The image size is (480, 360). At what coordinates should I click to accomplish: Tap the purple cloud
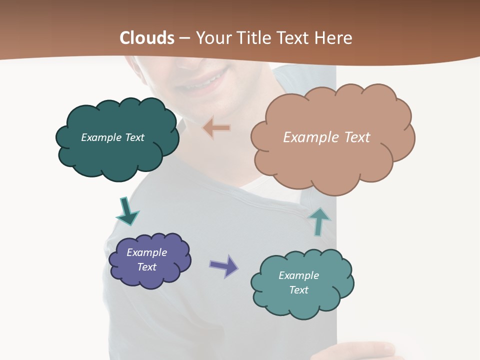pyautogui.click(x=150, y=277)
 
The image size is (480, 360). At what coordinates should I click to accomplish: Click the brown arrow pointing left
pyautogui.click(x=216, y=128)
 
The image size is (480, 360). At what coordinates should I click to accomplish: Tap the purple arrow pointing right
pyautogui.click(x=224, y=265)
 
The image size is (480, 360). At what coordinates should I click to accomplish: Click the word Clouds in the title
pyautogui.click(x=147, y=38)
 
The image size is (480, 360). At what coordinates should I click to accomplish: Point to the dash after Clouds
pyautogui.click(x=184, y=38)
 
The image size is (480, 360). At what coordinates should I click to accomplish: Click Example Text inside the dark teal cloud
pyautogui.click(x=112, y=137)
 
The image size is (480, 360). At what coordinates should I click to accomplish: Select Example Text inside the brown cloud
pyautogui.click(x=326, y=137)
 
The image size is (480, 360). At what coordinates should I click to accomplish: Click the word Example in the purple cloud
pyautogui.click(x=146, y=252)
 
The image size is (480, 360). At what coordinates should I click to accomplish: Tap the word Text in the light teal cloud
pyautogui.click(x=298, y=290)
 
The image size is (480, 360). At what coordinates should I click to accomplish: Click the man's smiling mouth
pyautogui.click(x=205, y=82)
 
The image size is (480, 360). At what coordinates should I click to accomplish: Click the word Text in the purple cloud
pyautogui.click(x=146, y=267)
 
